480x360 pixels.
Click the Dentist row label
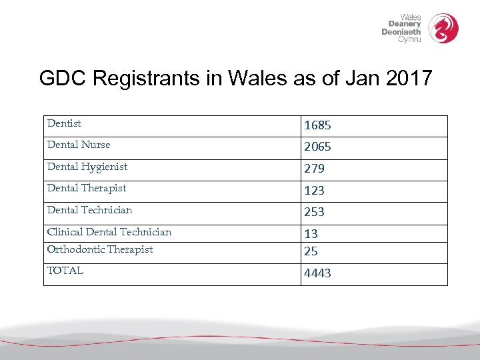(x=64, y=123)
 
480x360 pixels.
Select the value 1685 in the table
(x=317, y=125)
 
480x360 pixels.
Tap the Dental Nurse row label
(x=79, y=145)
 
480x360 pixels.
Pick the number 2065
(x=317, y=147)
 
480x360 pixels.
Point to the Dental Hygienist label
(x=87, y=167)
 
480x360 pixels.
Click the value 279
(x=314, y=169)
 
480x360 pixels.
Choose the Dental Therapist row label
(x=87, y=188)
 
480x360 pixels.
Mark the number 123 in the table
(x=314, y=191)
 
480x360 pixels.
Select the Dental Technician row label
(x=89, y=210)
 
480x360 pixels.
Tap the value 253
(x=314, y=212)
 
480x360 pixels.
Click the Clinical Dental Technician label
(x=109, y=232)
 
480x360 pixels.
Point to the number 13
(x=311, y=234)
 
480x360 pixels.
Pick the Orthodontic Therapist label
(x=100, y=249)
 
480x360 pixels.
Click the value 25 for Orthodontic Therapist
(x=311, y=251)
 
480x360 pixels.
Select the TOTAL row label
(x=65, y=271)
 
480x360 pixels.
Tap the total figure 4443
(x=317, y=273)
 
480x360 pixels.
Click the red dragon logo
(x=443, y=28)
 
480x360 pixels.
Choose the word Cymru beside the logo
(x=409, y=39)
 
